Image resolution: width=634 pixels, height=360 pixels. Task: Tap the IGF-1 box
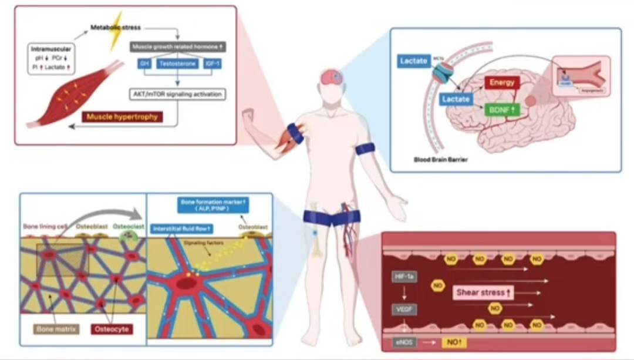(x=210, y=63)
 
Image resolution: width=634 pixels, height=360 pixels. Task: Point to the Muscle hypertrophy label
(x=122, y=117)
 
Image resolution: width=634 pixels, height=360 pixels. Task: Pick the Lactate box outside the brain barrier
(x=414, y=61)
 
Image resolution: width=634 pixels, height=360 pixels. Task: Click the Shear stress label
(x=484, y=292)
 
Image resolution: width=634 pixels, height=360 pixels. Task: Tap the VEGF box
(x=404, y=309)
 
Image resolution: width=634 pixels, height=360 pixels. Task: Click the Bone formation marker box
(x=213, y=205)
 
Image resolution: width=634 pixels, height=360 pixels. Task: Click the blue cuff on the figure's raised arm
(x=295, y=133)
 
